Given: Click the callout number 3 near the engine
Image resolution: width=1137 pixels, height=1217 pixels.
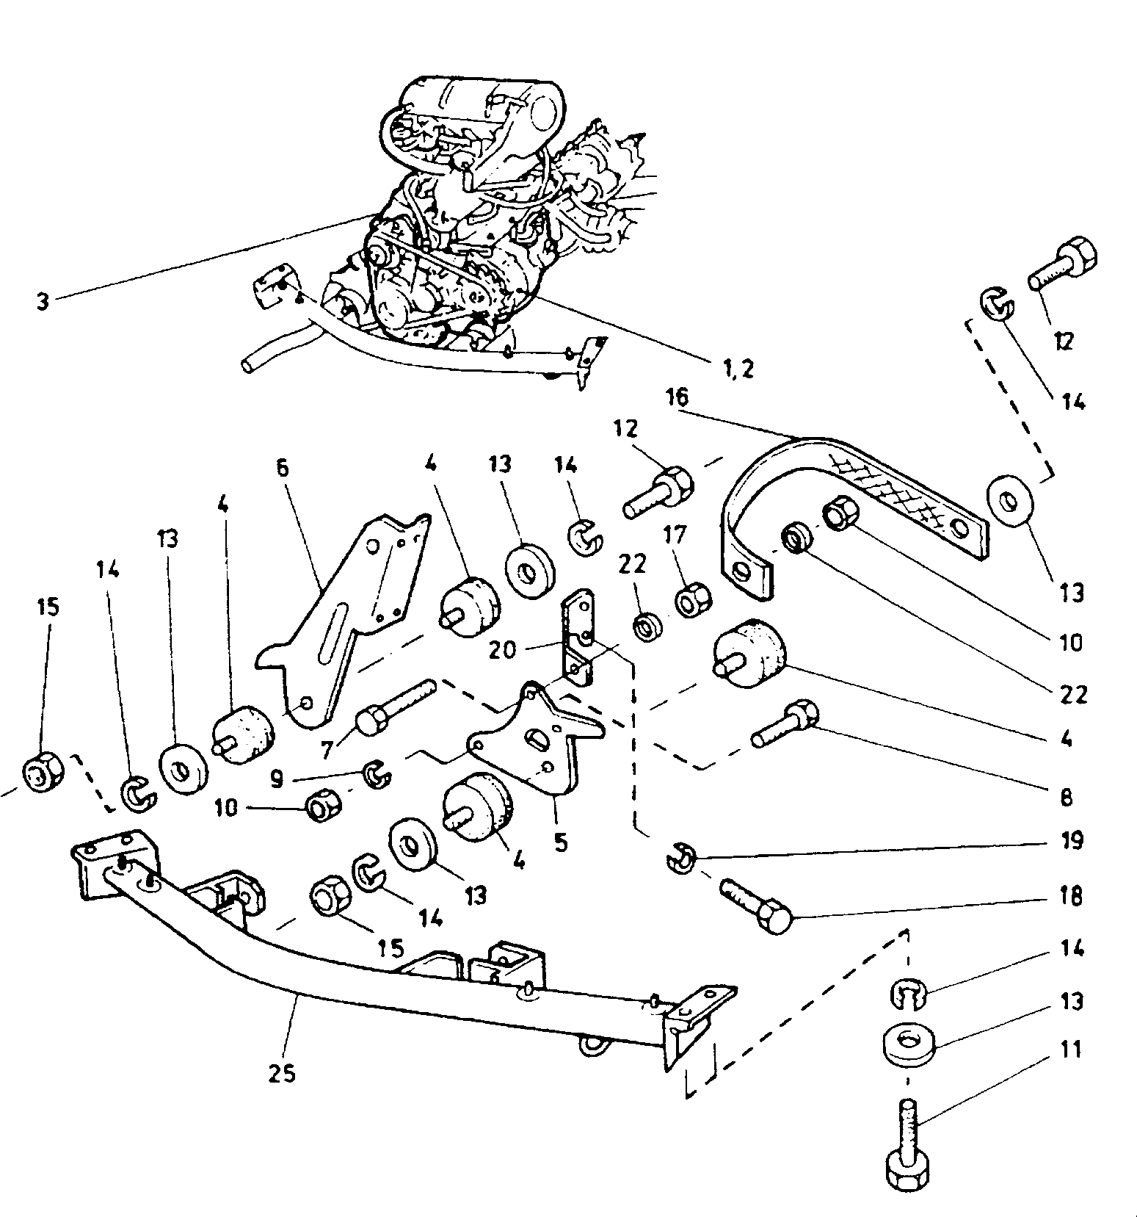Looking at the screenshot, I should (x=43, y=302).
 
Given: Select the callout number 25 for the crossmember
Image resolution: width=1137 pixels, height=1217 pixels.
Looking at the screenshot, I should (x=282, y=1073).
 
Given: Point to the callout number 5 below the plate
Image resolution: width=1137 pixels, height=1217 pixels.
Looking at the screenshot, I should (x=561, y=842).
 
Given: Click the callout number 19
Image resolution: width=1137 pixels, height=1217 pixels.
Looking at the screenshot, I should (x=1072, y=839).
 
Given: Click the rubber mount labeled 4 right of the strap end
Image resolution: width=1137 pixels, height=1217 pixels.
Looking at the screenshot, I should (x=749, y=654).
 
